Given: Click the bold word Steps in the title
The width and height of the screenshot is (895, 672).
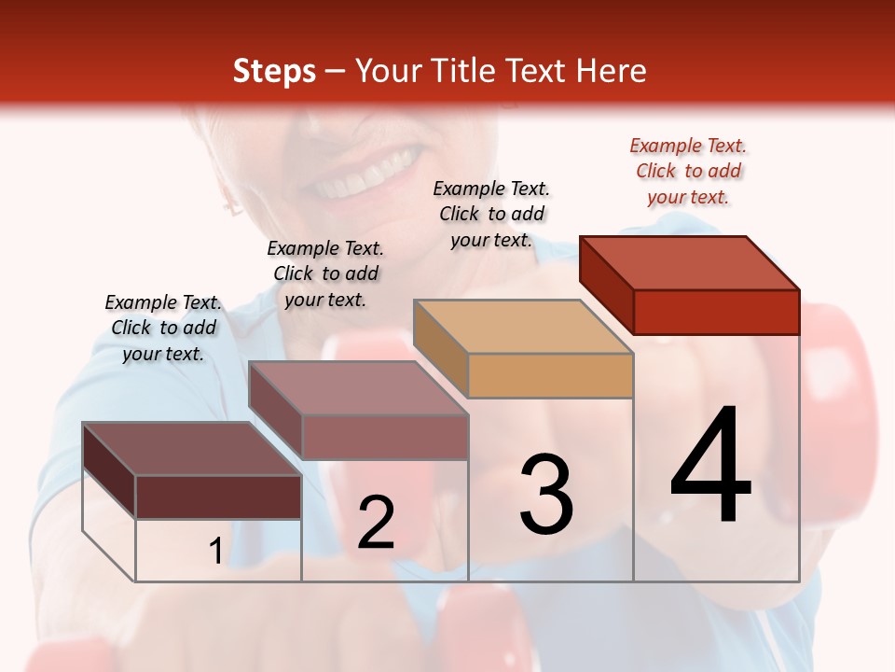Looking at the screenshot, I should [x=274, y=71].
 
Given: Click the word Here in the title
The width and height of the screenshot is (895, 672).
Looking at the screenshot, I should [x=610, y=71].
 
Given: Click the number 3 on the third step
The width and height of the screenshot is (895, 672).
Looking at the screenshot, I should [x=546, y=494].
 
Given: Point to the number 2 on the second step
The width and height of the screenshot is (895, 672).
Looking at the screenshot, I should [x=376, y=523].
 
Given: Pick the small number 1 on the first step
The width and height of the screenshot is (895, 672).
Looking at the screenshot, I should [x=215, y=552].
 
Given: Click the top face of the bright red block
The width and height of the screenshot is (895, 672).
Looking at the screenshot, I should [x=690, y=263].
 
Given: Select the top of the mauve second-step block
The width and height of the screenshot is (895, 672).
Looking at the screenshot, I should [x=358, y=388].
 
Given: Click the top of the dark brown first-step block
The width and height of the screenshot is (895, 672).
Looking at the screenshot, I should [x=192, y=449].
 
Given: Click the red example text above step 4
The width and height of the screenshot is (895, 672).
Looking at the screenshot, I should [x=688, y=171].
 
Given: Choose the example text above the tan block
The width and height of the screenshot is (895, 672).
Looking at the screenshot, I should [x=491, y=214].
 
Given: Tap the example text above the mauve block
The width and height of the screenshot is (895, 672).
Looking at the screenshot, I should [x=325, y=273].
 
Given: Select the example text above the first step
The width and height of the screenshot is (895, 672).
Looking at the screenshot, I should [x=163, y=328].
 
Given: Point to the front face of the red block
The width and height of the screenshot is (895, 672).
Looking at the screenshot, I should [x=716, y=312].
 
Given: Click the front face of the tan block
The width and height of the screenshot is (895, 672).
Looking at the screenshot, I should [x=550, y=375].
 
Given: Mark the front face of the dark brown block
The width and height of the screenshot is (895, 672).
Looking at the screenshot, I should [x=218, y=497].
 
